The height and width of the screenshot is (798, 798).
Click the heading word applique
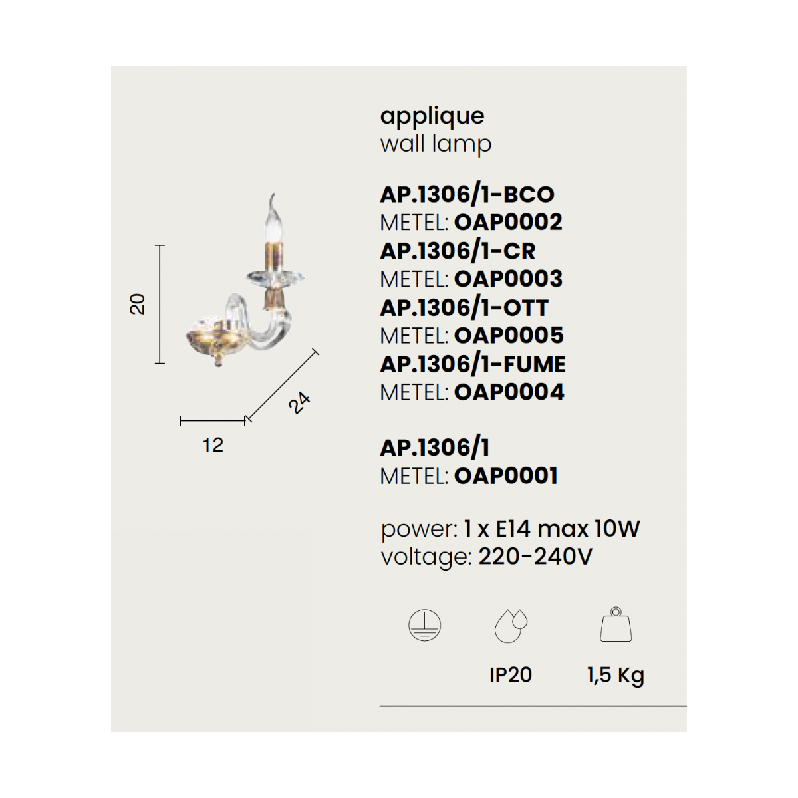coord(432,117)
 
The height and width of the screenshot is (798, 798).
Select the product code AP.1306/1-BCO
coord(467,195)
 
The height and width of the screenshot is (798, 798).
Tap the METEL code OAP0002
coord(508,222)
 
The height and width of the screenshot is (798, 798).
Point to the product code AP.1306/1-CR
coord(458,251)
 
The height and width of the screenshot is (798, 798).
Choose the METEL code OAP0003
coord(509,279)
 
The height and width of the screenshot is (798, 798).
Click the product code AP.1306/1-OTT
coord(464,308)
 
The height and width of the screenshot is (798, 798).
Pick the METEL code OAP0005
coord(509,335)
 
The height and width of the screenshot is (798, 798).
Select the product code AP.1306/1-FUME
coord(473,365)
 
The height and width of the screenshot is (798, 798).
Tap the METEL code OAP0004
coord(509,392)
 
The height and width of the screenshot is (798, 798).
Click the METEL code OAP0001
coord(506,476)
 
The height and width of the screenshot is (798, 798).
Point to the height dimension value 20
coord(138,305)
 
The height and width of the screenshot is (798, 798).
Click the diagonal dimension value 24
coord(299,402)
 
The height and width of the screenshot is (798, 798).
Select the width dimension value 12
coord(213,446)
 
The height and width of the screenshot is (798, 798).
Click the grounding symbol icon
coord(424,625)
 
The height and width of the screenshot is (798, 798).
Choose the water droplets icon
coord(511,626)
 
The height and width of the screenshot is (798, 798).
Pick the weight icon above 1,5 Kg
coord(616,624)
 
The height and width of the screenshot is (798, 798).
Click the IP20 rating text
coord(511,675)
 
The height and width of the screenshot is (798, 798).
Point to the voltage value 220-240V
coord(535,557)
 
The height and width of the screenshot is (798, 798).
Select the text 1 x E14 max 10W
coord(552,529)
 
